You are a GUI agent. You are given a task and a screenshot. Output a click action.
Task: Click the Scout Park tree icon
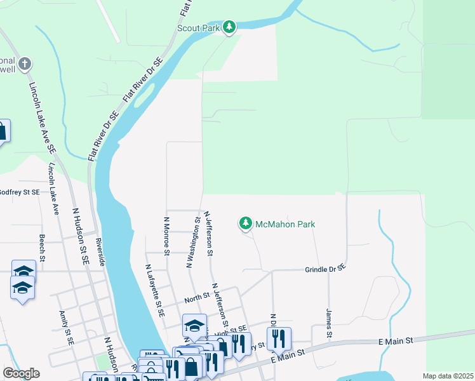point(229,27)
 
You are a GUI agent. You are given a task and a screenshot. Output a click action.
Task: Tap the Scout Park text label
point(199,28)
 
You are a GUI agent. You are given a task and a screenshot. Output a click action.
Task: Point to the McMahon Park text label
point(285,224)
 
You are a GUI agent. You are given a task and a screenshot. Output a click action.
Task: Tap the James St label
point(329,324)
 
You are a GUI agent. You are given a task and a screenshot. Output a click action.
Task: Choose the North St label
point(197,297)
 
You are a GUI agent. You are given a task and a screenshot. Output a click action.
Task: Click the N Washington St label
point(190,244)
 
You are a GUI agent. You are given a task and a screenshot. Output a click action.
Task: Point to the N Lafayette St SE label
point(154,291)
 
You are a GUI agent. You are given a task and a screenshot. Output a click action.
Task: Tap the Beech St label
point(42,248)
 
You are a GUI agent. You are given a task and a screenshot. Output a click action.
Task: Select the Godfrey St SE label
point(19,192)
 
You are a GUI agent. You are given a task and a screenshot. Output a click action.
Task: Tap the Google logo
point(21,373)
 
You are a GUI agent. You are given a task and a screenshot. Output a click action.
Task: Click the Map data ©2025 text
point(448,376)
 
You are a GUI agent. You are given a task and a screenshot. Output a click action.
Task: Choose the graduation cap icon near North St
point(194,327)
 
